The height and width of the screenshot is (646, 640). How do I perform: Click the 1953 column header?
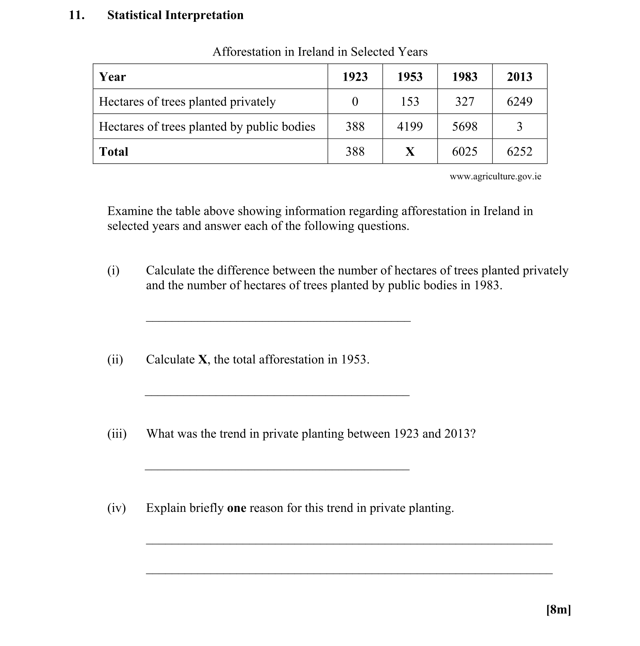point(410,77)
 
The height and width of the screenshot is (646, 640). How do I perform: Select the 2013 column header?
point(519,77)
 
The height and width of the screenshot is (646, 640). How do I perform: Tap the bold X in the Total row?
point(410,151)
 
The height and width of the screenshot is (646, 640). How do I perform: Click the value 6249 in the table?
point(519,102)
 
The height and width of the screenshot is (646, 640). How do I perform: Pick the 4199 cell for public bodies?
point(410,126)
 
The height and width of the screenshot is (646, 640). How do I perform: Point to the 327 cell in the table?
point(465,102)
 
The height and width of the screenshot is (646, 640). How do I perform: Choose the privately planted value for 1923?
point(355,102)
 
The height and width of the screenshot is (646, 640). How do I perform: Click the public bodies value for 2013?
point(519,126)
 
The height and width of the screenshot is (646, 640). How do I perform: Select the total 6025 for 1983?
point(465,151)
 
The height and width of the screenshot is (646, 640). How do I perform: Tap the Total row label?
point(114,151)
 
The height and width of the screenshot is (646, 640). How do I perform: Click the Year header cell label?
point(112,77)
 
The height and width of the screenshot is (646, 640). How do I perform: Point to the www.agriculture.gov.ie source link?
point(495,176)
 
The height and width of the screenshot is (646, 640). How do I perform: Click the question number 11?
point(76,15)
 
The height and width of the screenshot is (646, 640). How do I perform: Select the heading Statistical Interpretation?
point(175,15)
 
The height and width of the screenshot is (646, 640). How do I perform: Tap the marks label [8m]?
point(558,609)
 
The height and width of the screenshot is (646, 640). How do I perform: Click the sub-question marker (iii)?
point(117,433)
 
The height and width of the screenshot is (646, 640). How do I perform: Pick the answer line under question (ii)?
point(277,395)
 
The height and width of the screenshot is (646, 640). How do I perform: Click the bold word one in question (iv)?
point(237,508)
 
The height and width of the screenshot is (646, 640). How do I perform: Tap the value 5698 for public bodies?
point(465,126)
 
